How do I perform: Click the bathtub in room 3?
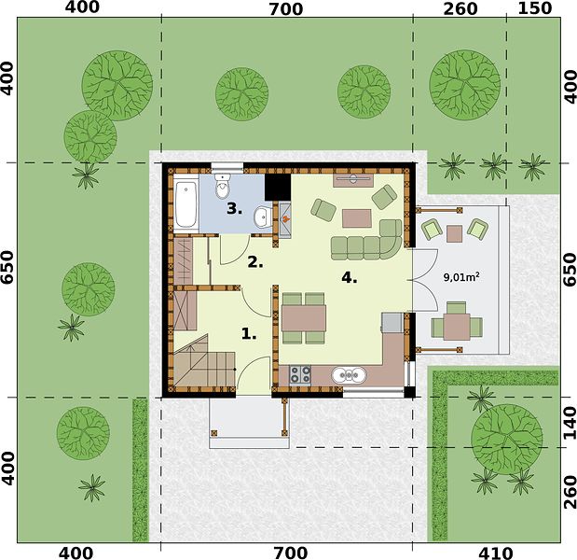185,206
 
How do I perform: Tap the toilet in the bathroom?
223,186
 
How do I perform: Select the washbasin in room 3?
263,217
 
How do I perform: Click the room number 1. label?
249,334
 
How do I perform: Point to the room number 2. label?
255,262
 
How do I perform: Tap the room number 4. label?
350,277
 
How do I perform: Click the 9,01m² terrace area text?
461,277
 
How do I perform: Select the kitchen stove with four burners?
300,375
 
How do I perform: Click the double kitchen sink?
349,375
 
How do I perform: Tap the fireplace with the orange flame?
285,220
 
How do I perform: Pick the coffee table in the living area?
357,218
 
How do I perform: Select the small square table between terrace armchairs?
455,233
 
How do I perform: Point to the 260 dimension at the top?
460,8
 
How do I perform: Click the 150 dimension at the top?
535,8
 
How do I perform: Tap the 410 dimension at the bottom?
496,553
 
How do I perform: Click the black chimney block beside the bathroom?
278,187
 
